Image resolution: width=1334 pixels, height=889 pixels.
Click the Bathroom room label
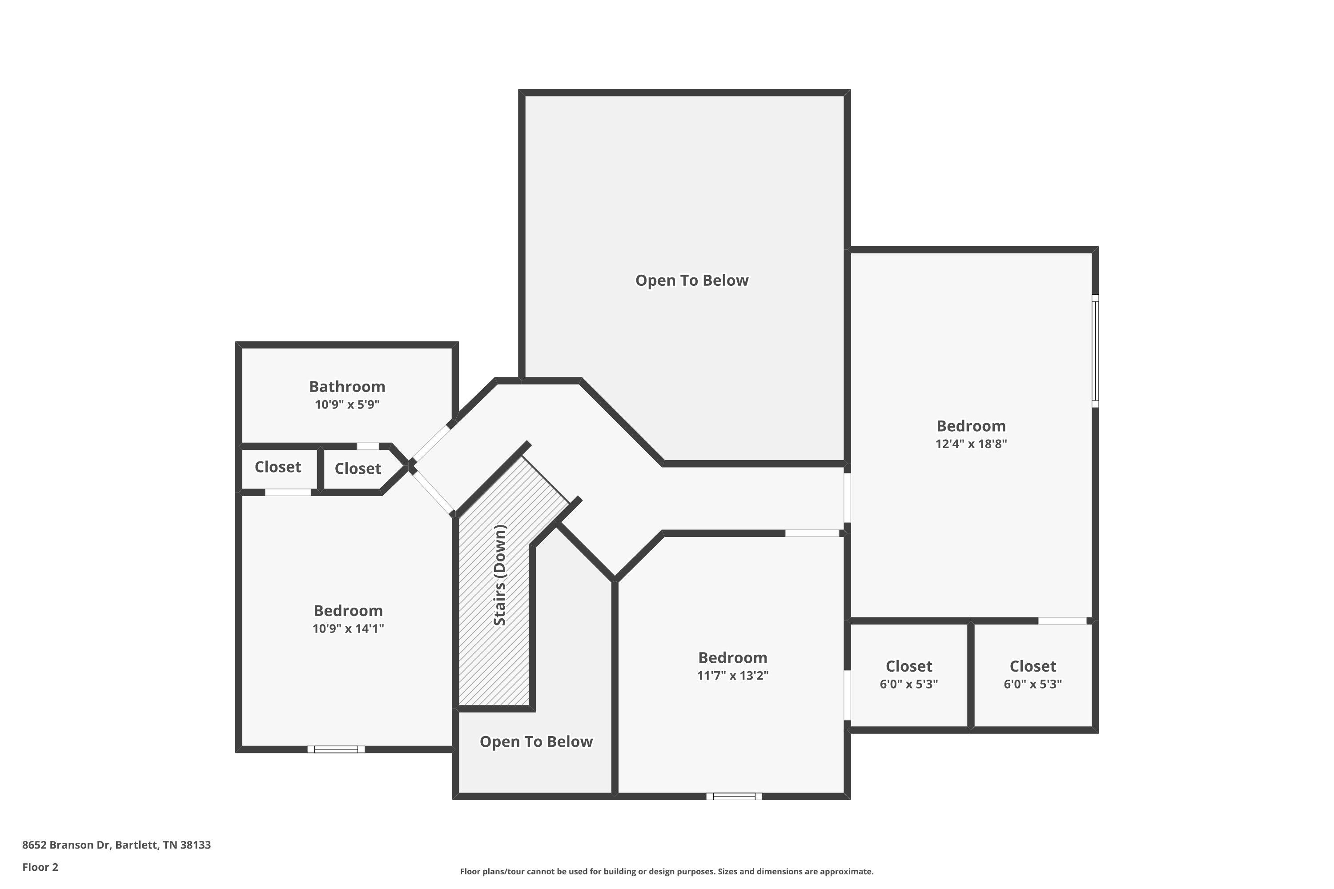click(347, 387)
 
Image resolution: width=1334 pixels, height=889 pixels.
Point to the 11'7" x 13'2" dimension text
click(732, 676)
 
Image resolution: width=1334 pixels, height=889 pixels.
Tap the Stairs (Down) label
click(500, 576)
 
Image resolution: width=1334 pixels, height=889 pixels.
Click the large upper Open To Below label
click(691, 280)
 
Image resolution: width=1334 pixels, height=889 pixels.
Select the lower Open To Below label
click(536, 741)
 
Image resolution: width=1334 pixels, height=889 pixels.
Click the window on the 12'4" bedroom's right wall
click(1095, 351)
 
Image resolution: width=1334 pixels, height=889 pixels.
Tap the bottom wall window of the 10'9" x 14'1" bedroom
click(336, 749)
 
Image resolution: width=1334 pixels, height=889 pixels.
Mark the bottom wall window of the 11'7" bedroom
click(734, 797)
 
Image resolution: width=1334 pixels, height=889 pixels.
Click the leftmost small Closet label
click(277, 467)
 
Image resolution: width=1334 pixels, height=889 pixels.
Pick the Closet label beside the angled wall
click(358, 469)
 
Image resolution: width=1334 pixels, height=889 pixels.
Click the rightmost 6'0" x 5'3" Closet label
click(1032, 667)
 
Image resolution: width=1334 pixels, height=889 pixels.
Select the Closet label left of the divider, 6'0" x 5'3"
click(908, 667)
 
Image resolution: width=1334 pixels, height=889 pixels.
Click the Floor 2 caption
click(40, 867)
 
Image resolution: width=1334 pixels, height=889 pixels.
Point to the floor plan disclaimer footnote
click(667, 871)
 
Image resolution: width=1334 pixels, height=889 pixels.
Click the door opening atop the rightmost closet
click(1062, 621)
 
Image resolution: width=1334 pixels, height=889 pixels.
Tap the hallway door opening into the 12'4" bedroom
click(848, 498)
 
